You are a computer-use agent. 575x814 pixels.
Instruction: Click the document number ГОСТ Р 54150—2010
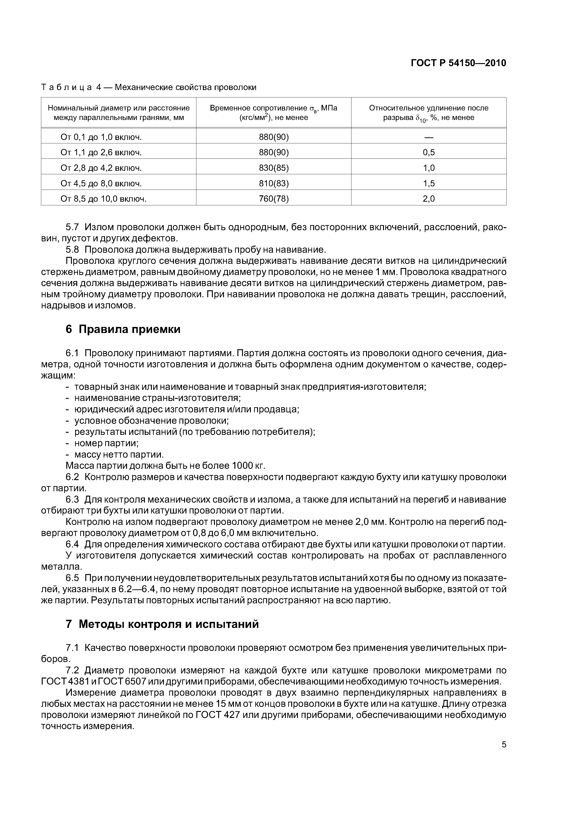[458, 63]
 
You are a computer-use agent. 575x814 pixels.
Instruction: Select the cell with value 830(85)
[274, 168]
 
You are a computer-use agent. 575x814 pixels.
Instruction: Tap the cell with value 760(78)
[274, 199]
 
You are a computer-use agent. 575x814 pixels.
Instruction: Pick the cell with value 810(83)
[274, 184]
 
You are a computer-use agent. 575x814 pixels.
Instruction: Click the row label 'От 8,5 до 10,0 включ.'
[103, 199]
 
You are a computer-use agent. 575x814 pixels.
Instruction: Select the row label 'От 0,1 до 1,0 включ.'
[101, 137]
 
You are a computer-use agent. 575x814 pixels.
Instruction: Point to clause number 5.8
[73, 250]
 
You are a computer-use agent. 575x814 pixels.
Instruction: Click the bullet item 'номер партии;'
[106, 443]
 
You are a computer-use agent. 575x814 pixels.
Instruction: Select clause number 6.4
[73, 545]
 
